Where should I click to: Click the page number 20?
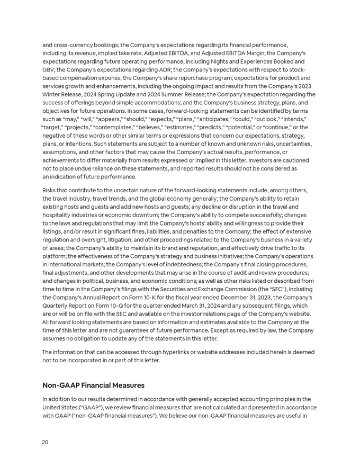point(45,442)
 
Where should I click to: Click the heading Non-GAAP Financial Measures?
point(93,385)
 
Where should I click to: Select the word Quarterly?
point(57,306)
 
